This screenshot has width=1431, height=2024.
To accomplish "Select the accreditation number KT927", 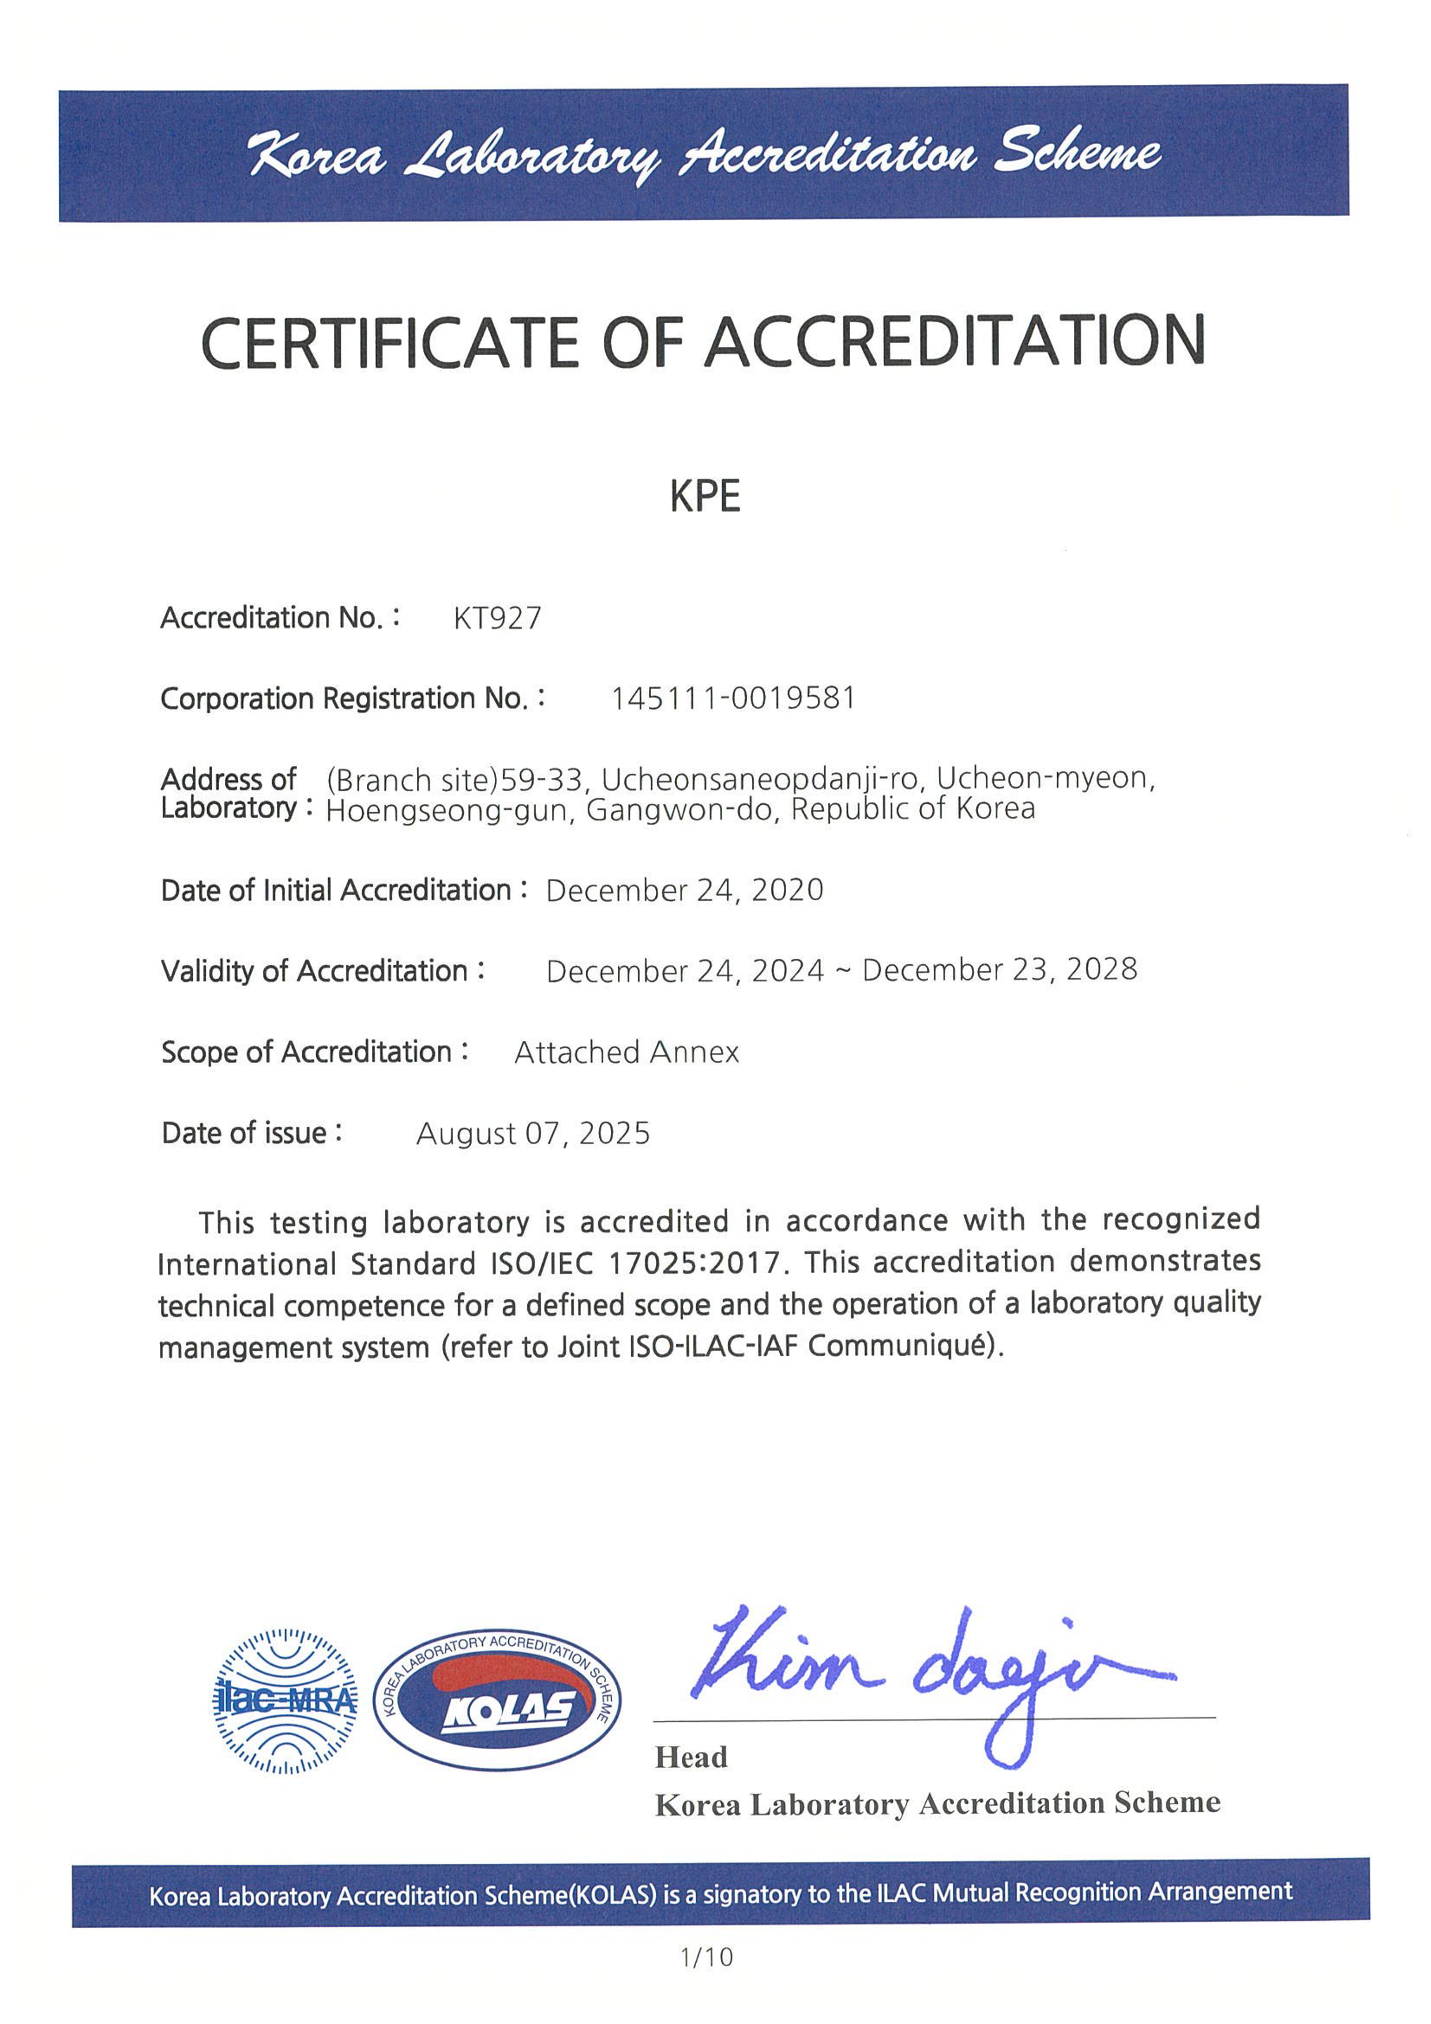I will tap(497, 618).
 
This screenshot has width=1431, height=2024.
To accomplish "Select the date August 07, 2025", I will tap(532, 1133).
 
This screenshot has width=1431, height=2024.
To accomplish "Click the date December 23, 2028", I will tap(1000, 970).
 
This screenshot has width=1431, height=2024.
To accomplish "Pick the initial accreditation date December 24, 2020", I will tap(684, 890).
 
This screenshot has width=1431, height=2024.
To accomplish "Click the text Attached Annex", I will tap(626, 1052).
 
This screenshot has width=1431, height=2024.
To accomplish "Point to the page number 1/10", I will tap(706, 1957).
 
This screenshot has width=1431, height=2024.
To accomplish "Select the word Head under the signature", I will tap(690, 1757).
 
